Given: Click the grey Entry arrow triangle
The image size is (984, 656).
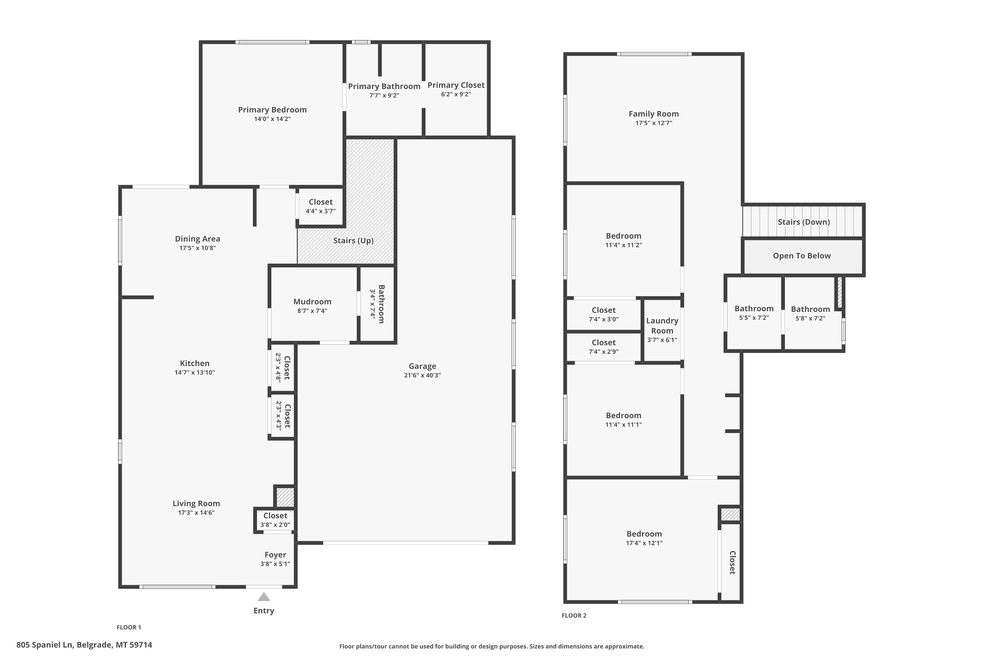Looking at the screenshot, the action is coord(264,597).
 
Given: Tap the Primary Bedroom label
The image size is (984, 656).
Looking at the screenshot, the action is coord(272,110).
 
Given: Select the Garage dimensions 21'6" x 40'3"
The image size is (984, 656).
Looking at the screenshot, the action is coord(422,375).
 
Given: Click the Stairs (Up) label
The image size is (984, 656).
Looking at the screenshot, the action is coord(353,240).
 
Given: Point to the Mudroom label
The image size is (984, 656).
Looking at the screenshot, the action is coord(312,302).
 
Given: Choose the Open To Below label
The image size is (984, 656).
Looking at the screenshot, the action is coord(802,256).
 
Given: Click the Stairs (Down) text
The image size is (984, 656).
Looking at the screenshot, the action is coord(804,222).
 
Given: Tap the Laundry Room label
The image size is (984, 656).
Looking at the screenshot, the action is coord(662,325).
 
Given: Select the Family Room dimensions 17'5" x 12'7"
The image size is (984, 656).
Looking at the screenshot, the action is coord(653,123).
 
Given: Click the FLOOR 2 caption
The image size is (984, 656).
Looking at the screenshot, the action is coord(574,615).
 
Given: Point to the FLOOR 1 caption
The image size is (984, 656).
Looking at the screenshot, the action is coord(129,627).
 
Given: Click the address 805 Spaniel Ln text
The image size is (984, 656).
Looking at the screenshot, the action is coord(45,645).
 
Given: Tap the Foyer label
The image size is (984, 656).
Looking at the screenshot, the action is coord(275,555).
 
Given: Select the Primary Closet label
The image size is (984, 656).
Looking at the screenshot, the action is coord(456,85).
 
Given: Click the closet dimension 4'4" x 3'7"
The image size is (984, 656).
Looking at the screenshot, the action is coord(320,211).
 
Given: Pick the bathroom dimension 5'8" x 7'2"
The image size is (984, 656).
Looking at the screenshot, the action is coord(810,318).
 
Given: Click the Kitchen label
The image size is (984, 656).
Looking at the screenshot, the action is coord(195,363).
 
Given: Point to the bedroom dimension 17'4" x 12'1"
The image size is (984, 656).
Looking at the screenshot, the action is coord(644,543).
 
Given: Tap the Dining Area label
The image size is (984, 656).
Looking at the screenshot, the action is coord(197,239).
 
